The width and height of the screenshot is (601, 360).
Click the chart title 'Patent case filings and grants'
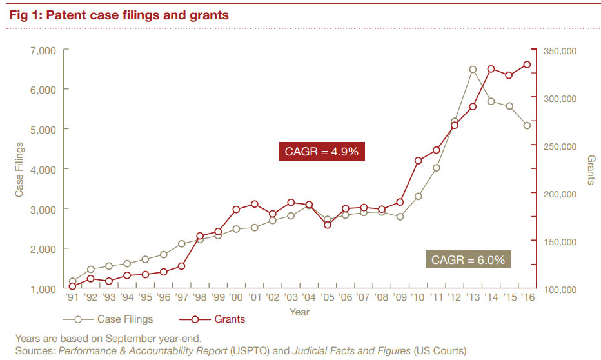[119, 14]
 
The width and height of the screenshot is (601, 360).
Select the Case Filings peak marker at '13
[473, 70]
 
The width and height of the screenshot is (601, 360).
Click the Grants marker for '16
[527, 65]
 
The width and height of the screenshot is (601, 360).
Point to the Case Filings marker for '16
[527, 125]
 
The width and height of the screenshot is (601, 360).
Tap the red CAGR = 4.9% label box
[322, 152]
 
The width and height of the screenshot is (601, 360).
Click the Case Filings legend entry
[108, 319]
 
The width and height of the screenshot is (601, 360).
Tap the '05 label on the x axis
[328, 298]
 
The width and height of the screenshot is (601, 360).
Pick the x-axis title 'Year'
[299, 312]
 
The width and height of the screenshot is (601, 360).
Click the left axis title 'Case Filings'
[19, 169]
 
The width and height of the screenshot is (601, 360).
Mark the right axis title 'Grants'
[591, 169]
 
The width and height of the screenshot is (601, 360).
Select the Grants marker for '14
[491, 69]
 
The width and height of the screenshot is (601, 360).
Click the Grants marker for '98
[200, 236]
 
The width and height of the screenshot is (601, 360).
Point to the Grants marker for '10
[419, 161]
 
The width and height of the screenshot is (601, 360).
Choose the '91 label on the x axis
[73, 298]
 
